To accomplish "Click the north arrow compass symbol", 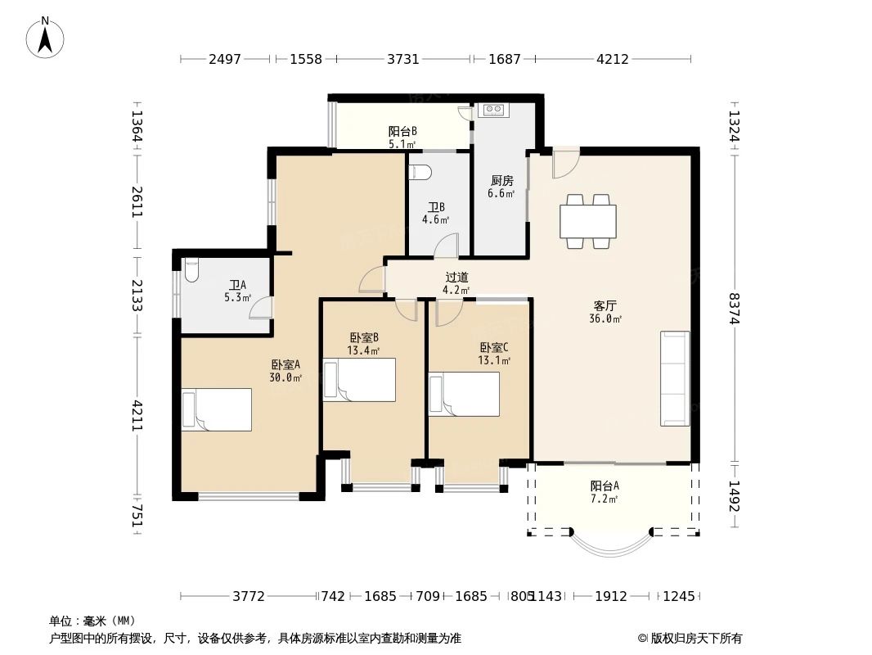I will (x=47, y=37).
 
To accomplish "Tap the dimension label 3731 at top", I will (x=402, y=59).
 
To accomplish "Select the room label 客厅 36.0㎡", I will (x=605, y=312).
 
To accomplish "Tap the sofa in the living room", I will (x=675, y=378).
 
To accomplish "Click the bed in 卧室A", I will (x=217, y=410).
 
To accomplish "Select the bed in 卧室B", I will (x=359, y=380).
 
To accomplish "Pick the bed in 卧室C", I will (x=464, y=395).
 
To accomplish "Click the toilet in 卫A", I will (x=191, y=270).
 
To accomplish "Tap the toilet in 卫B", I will (x=419, y=173).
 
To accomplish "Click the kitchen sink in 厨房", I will (x=494, y=110).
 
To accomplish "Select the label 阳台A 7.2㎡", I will (x=605, y=491).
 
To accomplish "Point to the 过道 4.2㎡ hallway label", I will (x=456, y=283).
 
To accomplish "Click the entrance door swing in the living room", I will (x=565, y=163).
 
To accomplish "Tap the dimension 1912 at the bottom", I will (x=610, y=596).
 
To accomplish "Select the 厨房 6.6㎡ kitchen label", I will (x=501, y=187).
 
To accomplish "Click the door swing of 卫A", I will (x=262, y=307).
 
